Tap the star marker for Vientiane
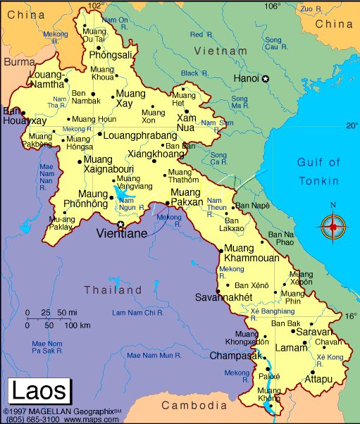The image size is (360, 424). pyautogui.click(x=120, y=225)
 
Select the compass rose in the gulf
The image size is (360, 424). pyautogui.click(x=333, y=227)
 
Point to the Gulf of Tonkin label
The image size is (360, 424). pyautogui.click(x=318, y=171)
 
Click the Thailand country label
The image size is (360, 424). pyautogui.click(x=113, y=289)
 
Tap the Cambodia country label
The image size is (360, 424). pyautogui.click(x=194, y=406)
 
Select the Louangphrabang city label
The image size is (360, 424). pyautogui.click(x=140, y=135)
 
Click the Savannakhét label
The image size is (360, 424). pyautogui.click(x=223, y=297)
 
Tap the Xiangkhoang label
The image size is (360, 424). pyautogui.click(x=156, y=153)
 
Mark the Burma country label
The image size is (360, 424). pyautogui.click(x=19, y=62)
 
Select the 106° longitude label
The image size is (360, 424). pyautogui.click(x=273, y=6)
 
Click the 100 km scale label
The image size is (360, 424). pyautogui.click(x=77, y=325)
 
